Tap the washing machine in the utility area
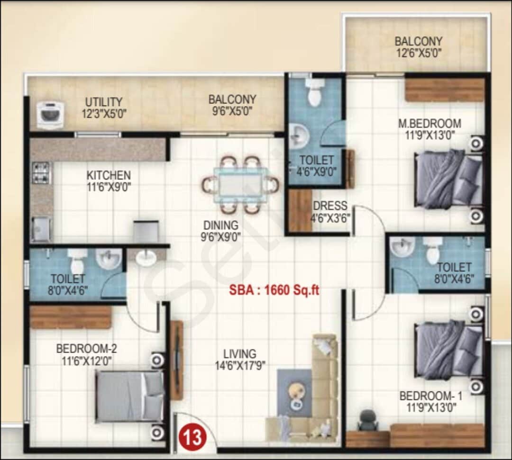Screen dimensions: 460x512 (x=50, y=115)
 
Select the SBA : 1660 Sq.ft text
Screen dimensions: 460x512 (x=274, y=290)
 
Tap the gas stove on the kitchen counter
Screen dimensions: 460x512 (x=41, y=172)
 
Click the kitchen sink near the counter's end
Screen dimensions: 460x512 (x=41, y=229)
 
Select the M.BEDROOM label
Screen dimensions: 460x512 (x=430, y=124)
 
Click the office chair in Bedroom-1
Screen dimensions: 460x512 (x=367, y=420)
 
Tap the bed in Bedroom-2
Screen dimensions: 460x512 (x=129, y=396)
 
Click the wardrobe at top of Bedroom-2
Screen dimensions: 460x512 (x=71, y=317)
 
